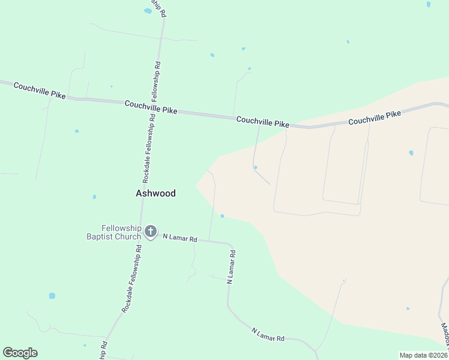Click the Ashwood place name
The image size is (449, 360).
[155, 193]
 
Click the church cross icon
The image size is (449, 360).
[150, 231]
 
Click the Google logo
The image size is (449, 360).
[20, 353]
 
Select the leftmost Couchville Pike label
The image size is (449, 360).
[40, 91]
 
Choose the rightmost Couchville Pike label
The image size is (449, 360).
[375, 117]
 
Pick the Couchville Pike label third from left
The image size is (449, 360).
[262, 122]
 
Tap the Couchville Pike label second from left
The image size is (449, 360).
[151, 107]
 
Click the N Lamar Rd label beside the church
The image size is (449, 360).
[180, 238]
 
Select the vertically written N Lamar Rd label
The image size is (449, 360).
[231, 266]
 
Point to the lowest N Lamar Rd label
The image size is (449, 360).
[267, 335]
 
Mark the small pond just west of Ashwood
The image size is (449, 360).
[94, 197]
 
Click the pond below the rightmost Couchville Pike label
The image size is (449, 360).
[411, 153]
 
